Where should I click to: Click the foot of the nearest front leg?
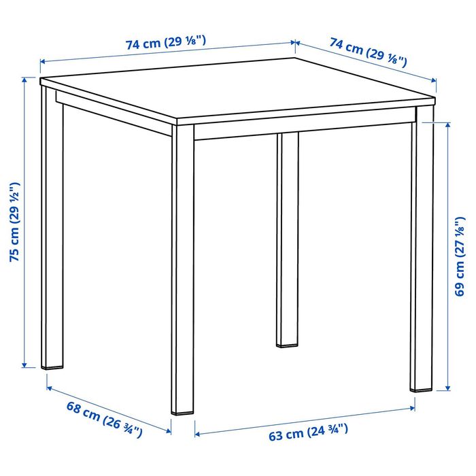click(182, 410)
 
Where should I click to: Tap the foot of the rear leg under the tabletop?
click(288, 343)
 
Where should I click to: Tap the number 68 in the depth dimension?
click(73, 410)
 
